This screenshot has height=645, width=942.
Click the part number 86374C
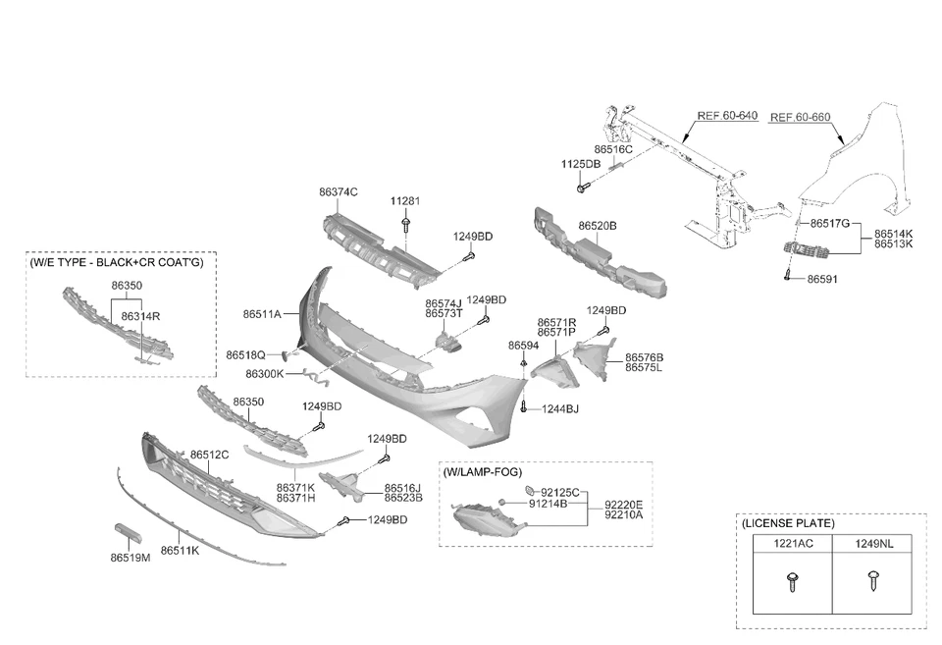pos(339,191)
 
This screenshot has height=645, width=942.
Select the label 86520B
pos(597,226)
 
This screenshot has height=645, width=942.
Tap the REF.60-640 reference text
pos(727,116)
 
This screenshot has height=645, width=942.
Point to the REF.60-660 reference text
pos(800,118)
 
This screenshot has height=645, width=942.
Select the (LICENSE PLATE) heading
pos(788,524)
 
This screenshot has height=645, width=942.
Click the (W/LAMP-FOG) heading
pos(482,472)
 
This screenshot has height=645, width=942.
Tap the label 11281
pos(405,201)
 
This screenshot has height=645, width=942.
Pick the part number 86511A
pos(262,314)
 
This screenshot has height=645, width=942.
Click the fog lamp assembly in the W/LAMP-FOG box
pos(483,518)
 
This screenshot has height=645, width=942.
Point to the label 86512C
pos(209,455)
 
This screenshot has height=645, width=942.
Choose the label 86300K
pos(265,374)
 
